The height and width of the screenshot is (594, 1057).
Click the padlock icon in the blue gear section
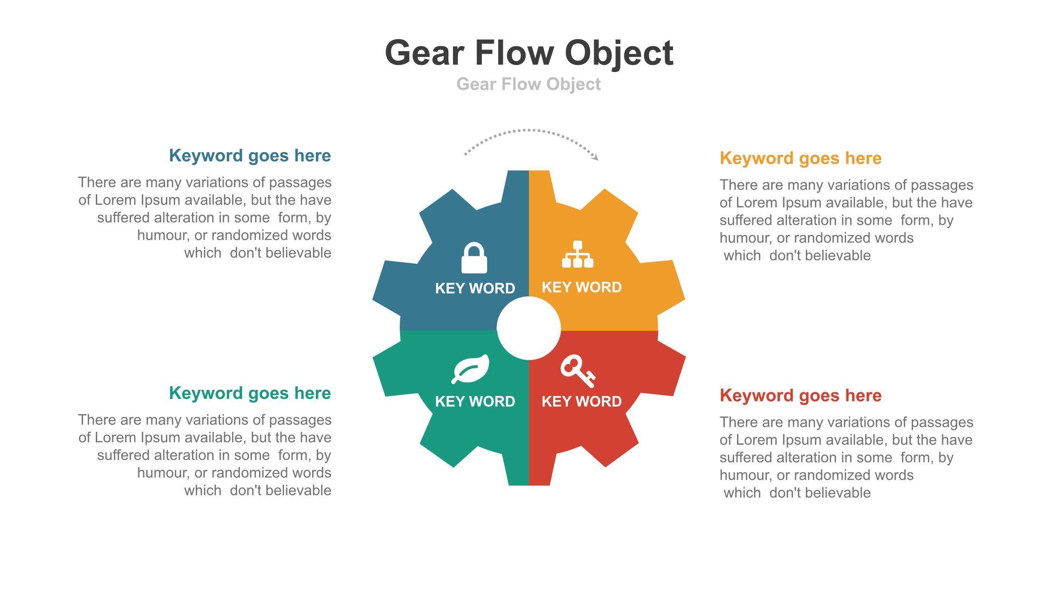click(474, 258)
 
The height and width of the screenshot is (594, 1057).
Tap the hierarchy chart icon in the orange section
click(577, 255)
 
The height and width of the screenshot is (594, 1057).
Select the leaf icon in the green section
click(471, 368)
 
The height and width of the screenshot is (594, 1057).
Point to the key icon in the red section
click(577, 370)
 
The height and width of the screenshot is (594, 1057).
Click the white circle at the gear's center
click(528, 328)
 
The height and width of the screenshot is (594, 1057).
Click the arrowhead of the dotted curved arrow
click(595, 157)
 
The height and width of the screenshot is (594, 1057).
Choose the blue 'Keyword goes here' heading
click(250, 156)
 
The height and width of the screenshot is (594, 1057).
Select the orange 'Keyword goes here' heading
click(801, 158)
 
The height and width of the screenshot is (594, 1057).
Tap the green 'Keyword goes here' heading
click(250, 393)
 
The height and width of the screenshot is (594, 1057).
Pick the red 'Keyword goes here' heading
click(801, 395)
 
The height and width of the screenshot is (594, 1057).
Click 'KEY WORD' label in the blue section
click(475, 288)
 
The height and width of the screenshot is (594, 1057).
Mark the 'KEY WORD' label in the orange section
click(581, 287)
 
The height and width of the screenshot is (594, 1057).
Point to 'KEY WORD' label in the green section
click(475, 401)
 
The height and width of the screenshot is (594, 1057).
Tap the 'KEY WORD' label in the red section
click(581, 401)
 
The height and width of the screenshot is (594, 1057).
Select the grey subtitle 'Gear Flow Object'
click(528, 84)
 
